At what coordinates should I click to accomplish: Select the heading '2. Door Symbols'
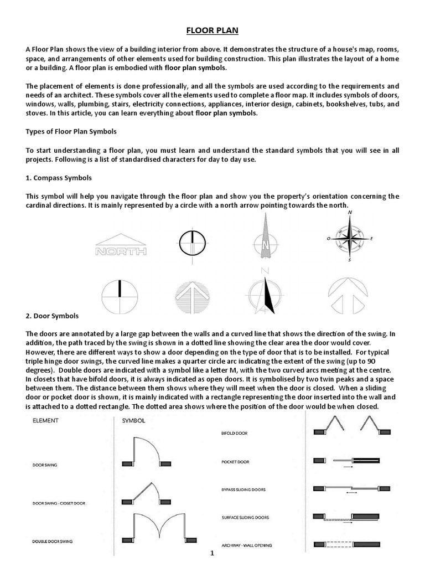pyautogui.click(x=52, y=316)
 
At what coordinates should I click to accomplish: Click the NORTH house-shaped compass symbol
pyautogui.click(x=121, y=245)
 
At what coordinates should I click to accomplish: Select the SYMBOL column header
pyautogui.click(x=133, y=420)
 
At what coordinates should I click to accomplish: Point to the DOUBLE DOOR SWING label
pyautogui.click(x=53, y=540)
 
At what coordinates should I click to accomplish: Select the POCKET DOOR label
pyautogui.click(x=235, y=461)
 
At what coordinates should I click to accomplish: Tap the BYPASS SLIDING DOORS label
pyautogui.click(x=243, y=489)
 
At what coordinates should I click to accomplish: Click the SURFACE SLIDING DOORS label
pyautogui.click(x=245, y=517)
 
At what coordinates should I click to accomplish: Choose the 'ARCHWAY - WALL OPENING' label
pyautogui.click(x=246, y=545)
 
